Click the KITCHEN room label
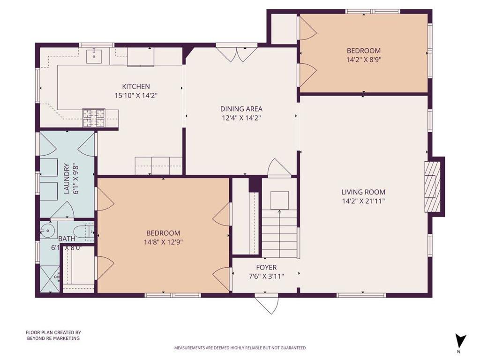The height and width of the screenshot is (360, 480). click(x=136, y=86)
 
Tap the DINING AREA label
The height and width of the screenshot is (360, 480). click(x=241, y=109)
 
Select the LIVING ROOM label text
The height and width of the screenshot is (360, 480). click(x=363, y=192)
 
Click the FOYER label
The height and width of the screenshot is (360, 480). click(x=266, y=268)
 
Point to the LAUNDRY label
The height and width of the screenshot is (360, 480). click(x=67, y=179)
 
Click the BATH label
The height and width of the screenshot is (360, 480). click(x=67, y=239)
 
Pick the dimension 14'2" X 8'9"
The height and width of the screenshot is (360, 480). click(x=363, y=60)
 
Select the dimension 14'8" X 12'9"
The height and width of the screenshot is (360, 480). click(x=163, y=242)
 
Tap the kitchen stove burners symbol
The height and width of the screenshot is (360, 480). click(x=94, y=118)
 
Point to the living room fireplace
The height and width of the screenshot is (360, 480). click(x=434, y=187)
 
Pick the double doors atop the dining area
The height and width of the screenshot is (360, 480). click(x=236, y=53)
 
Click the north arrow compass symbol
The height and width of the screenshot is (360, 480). click(x=460, y=341)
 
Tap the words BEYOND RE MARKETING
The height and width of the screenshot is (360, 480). click(x=52, y=338)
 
